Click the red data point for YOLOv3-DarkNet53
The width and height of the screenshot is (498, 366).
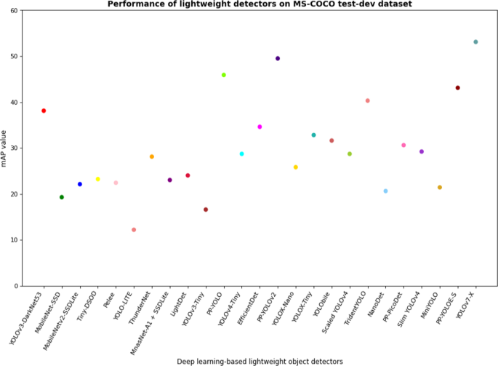coord(44,111)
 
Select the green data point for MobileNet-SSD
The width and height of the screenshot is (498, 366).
coord(62,197)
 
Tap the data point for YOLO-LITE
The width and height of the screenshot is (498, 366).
coord(134,230)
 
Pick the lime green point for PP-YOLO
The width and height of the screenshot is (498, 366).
coord(224,75)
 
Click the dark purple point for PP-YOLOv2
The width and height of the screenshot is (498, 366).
coord(278,58)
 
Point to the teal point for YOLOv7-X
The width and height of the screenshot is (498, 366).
coord(475,42)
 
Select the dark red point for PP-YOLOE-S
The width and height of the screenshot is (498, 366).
coord(457,88)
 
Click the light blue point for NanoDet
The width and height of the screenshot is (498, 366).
coord(385,191)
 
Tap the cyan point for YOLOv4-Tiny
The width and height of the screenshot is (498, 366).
coord(242,154)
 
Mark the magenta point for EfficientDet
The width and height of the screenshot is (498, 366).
coord(260,127)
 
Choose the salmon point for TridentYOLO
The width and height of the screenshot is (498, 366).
coord(368,100)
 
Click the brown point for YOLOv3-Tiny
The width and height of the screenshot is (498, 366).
coord(206,210)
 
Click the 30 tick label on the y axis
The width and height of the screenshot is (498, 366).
coord(16,148)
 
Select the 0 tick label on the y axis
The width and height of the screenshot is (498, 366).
coord(18,286)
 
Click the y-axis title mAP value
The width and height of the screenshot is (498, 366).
coord(5,148)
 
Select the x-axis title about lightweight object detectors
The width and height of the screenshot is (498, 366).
coord(260,361)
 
